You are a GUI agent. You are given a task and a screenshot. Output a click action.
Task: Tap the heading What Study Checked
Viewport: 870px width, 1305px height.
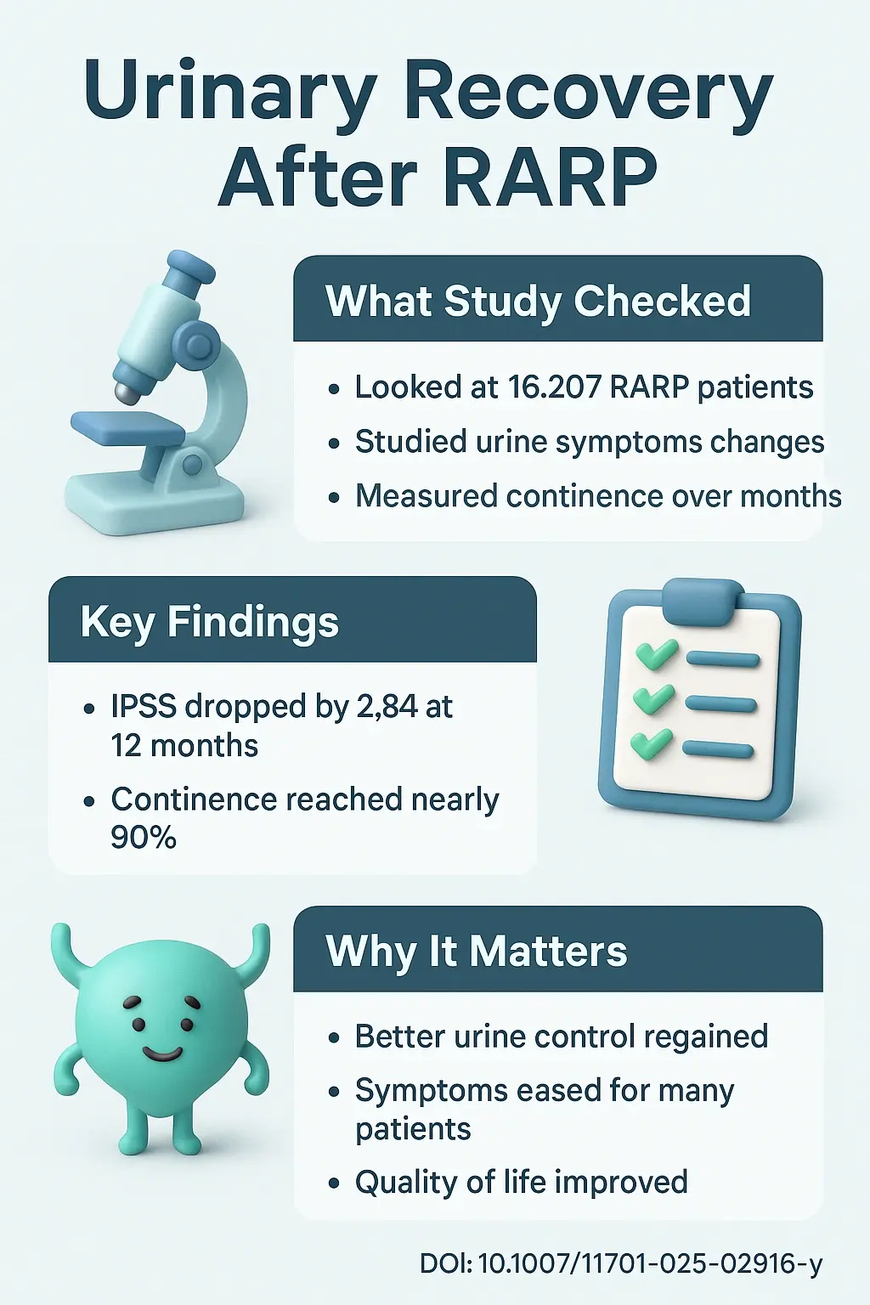(x=538, y=301)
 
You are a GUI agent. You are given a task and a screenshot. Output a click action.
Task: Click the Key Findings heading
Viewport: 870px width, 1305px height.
(x=209, y=621)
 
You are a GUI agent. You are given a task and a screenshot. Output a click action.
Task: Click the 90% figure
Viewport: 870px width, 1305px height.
(x=144, y=838)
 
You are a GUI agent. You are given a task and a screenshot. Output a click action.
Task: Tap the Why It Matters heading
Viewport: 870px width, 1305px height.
(x=476, y=951)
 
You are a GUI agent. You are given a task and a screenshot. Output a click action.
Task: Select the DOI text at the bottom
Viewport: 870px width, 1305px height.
(x=620, y=1264)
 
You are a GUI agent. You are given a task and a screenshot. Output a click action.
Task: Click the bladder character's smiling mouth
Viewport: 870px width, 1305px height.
(x=162, y=1054)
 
